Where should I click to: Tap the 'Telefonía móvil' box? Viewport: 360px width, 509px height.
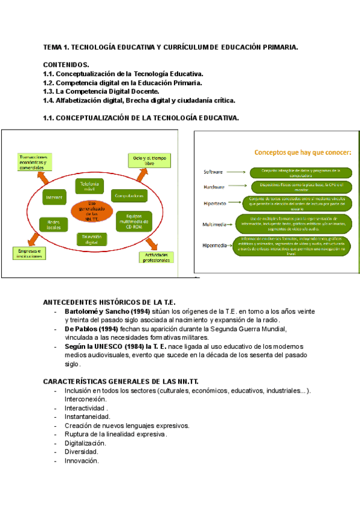(x=89, y=186)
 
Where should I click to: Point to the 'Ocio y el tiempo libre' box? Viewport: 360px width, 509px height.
(x=144, y=160)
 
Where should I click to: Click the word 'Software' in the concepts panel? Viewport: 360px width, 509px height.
(x=213, y=172)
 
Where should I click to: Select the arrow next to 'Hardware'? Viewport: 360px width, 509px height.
(x=238, y=187)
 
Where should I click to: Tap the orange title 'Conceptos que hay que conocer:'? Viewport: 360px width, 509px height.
(x=302, y=152)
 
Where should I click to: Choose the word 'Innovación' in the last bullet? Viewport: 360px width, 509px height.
(x=81, y=461)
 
